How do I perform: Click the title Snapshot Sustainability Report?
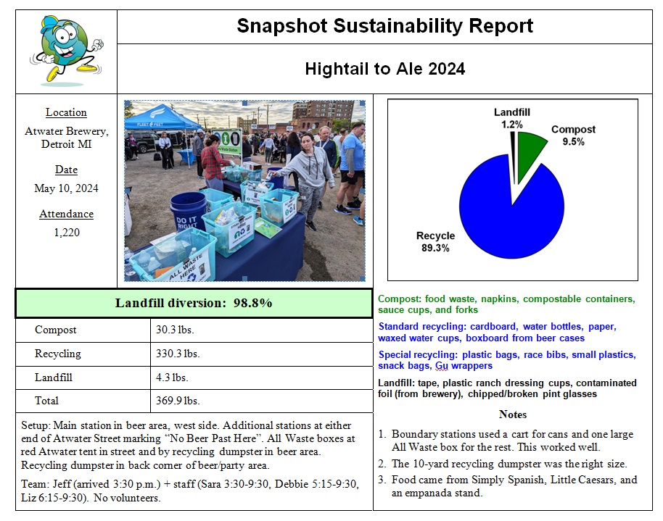click(384, 27)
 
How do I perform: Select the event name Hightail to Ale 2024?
click(384, 69)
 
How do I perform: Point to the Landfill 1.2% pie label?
click(512, 118)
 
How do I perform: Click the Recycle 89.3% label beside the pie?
click(435, 241)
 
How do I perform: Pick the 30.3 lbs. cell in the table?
click(175, 330)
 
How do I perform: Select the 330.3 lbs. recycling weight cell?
click(178, 354)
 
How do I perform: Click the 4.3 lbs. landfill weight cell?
click(173, 378)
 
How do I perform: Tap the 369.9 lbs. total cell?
click(178, 401)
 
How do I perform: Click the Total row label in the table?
click(47, 401)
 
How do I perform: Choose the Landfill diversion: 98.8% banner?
click(194, 303)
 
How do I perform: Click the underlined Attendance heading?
click(66, 214)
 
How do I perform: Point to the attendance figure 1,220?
click(66, 233)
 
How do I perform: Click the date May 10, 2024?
click(66, 188)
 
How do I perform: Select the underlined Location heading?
click(66, 112)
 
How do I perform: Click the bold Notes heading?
click(512, 414)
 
